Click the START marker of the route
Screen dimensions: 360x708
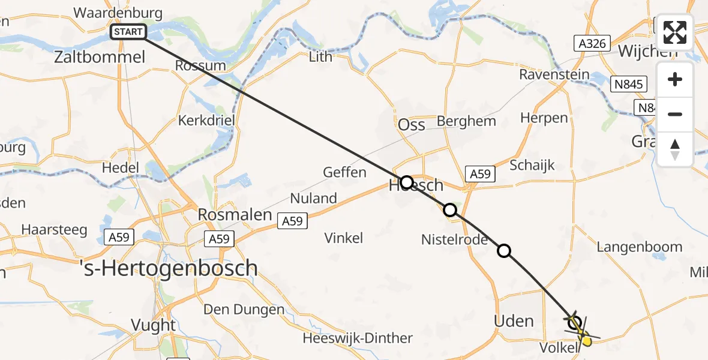tap(129, 32)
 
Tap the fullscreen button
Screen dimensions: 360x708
tap(675, 32)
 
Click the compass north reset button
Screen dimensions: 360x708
tap(675, 149)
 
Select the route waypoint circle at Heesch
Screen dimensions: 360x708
tap(407, 182)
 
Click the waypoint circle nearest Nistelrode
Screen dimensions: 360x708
tap(449, 210)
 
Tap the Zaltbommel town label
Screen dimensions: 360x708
tap(100, 58)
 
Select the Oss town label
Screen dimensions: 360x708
tap(412, 124)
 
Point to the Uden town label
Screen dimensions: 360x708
tap(514, 321)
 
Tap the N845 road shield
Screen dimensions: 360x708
tap(629, 85)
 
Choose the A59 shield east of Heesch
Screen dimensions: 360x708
tap(479, 174)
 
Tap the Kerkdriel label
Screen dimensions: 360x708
tap(206, 120)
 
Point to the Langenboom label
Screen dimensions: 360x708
tap(640, 247)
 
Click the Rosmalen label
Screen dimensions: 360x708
tap(235, 214)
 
